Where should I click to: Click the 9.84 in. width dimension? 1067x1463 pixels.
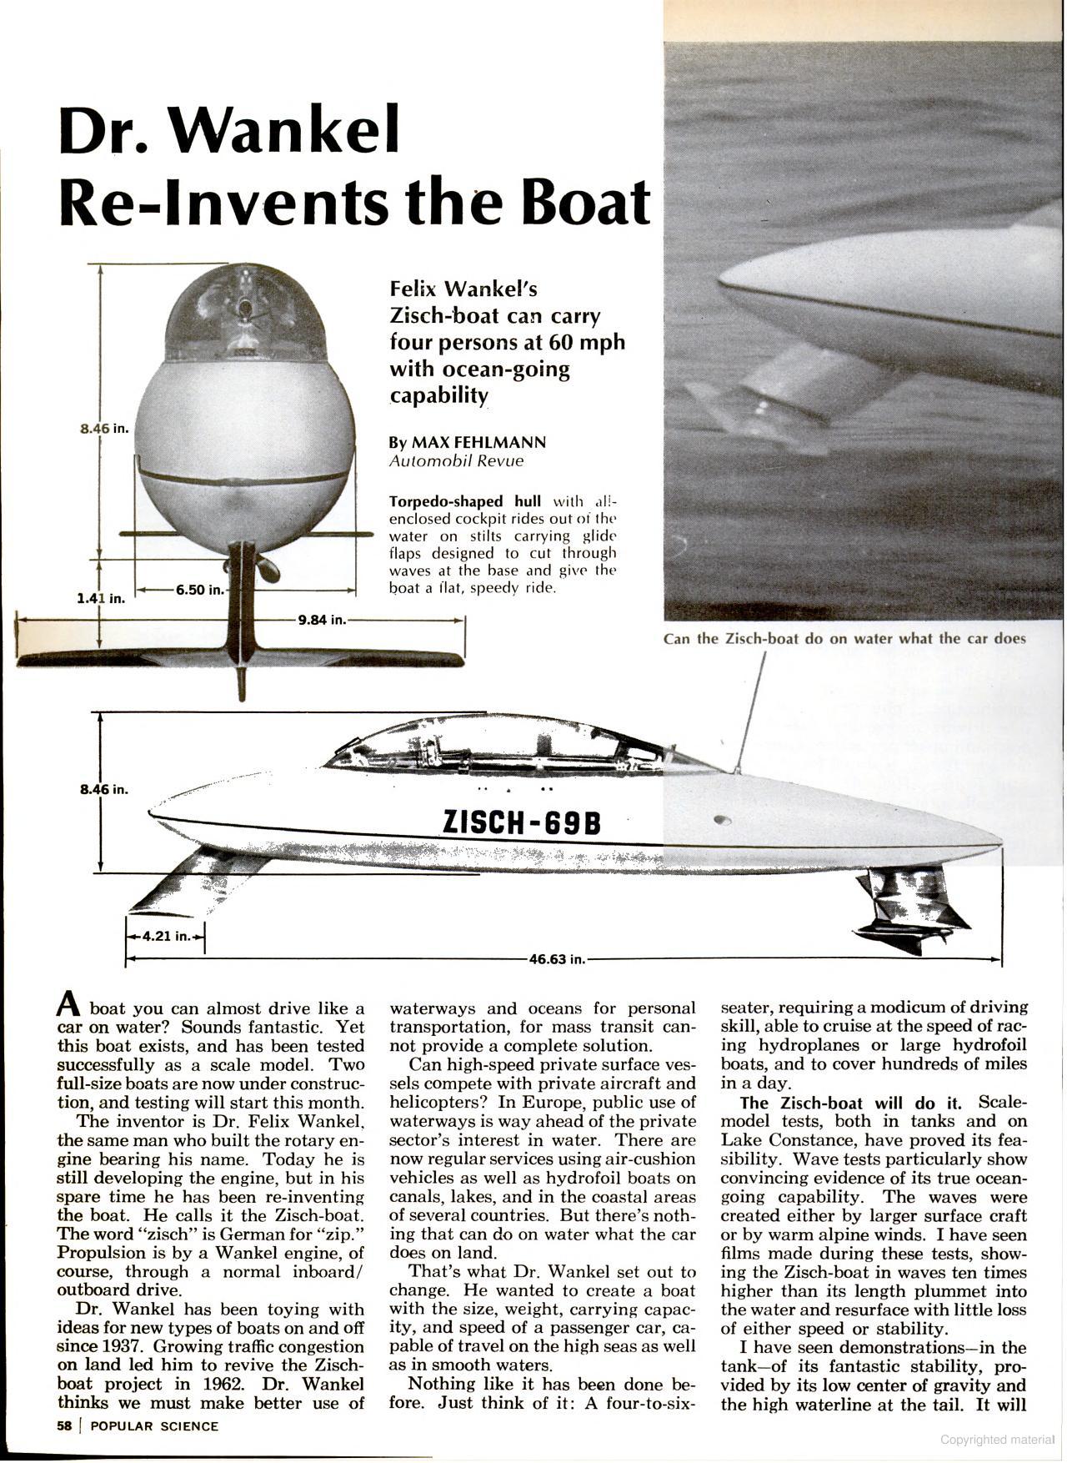321,620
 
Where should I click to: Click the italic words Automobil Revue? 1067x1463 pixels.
456,461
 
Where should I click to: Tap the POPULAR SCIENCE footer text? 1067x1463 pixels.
154,1426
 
